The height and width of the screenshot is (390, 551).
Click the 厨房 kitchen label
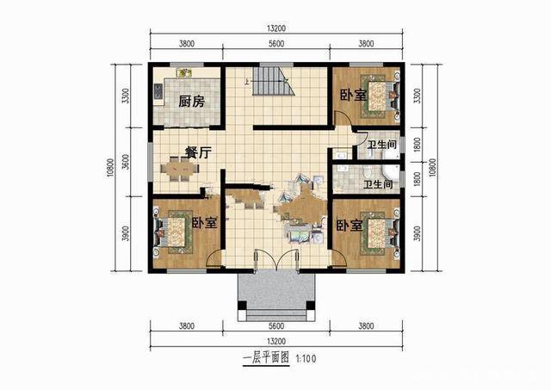pyautogui.click(x=191, y=102)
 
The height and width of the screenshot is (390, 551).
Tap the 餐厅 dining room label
pyautogui.click(x=198, y=152)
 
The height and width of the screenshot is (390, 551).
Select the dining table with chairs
pyautogui.click(x=180, y=169)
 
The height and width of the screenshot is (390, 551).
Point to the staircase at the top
pyautogui.click(x=274, y=81)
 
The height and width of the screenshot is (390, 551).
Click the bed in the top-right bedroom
pyautogui.click(x=381, y=96)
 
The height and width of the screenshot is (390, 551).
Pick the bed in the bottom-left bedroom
pyautogui.click(x=172, y=231)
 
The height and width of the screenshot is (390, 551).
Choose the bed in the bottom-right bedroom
pyautogui.click(x=381, y=232)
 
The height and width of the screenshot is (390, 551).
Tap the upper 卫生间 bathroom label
pyautogui.click(x=382, y=145)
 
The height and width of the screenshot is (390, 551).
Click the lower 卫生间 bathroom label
pyautogui.click(x=378, y=184)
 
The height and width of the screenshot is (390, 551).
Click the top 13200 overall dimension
pyautogui.click(x=276, y=28)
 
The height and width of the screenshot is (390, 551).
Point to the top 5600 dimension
pyautogui.click(x=276, y=44)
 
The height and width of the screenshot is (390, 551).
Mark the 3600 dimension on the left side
pyautogui.click(x=125, y=162)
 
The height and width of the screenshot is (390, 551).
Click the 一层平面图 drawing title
pyautogui.click(x=266, y=358)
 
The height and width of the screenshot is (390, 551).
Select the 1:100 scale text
pyautogui.click(x=306, y=359)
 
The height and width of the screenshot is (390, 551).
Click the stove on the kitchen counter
pyautogui.click(x=158, y=91)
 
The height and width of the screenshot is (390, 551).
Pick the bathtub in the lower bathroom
pyautogui.click(x=390, y=174)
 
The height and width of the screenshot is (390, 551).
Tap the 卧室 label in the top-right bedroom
pyautogui.click(x=353, y=95)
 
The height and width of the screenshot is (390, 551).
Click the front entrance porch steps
pyautogui.click(x=276, y=315)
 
